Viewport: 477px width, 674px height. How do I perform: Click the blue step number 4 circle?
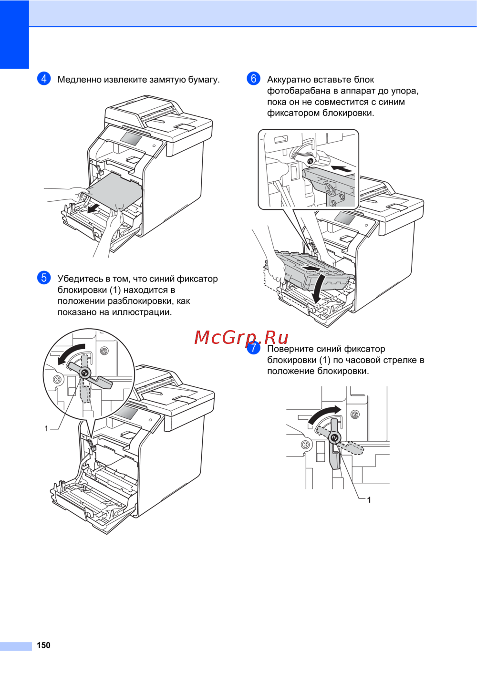(x=44, y=79)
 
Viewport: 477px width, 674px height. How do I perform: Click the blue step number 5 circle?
(x=44, y=278)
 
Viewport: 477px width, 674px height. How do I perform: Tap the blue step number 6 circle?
(x=253, y=79)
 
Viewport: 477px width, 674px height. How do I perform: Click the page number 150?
(x=43, y=645)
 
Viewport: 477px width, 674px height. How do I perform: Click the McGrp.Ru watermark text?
(x=241, y=338)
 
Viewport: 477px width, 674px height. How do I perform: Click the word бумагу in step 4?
(x=204, y=80)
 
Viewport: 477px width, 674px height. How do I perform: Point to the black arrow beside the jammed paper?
(x=93, y=208)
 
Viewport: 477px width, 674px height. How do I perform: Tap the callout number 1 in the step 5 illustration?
(x=46, y=429)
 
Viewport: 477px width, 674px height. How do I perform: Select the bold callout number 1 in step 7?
(x=369, y=500)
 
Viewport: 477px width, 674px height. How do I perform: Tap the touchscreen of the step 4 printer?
(x=131, y=138)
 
